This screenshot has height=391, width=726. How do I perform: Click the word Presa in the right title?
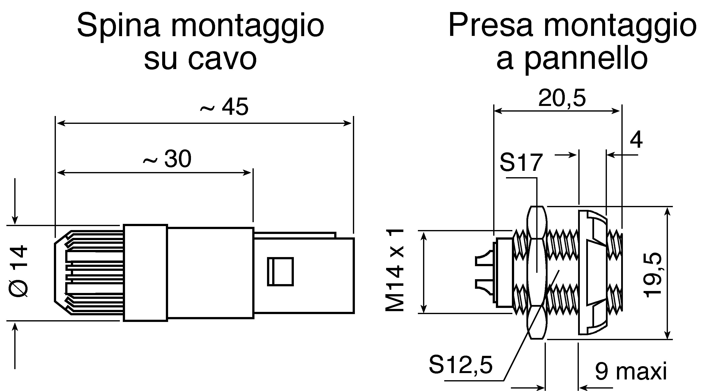coord(491,25)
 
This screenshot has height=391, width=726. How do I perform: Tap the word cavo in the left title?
coord(222,59)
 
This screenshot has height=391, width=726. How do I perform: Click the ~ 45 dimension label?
coord(224,107)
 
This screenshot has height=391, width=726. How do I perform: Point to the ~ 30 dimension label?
coord(167,159)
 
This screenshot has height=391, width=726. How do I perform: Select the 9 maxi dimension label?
coord(631,372)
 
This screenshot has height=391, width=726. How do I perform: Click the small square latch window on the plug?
coord(280,272)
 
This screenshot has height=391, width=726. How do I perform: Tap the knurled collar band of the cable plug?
coord(145,273)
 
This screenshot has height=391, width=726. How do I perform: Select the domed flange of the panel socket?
coord(592,272)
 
